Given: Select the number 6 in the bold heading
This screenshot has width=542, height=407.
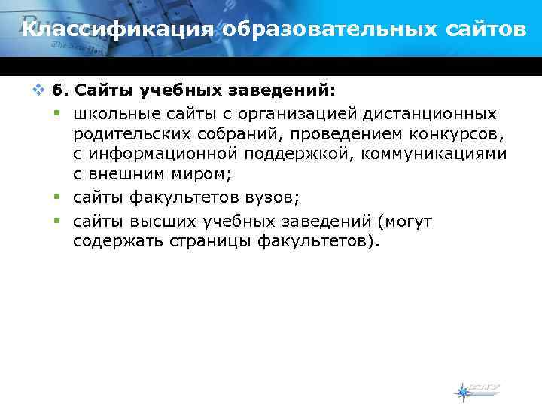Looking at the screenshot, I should pos(58,92).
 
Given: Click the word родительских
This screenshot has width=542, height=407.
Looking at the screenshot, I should pos(133,135).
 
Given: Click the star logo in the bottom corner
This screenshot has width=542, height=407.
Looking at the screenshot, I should pos(463,392).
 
